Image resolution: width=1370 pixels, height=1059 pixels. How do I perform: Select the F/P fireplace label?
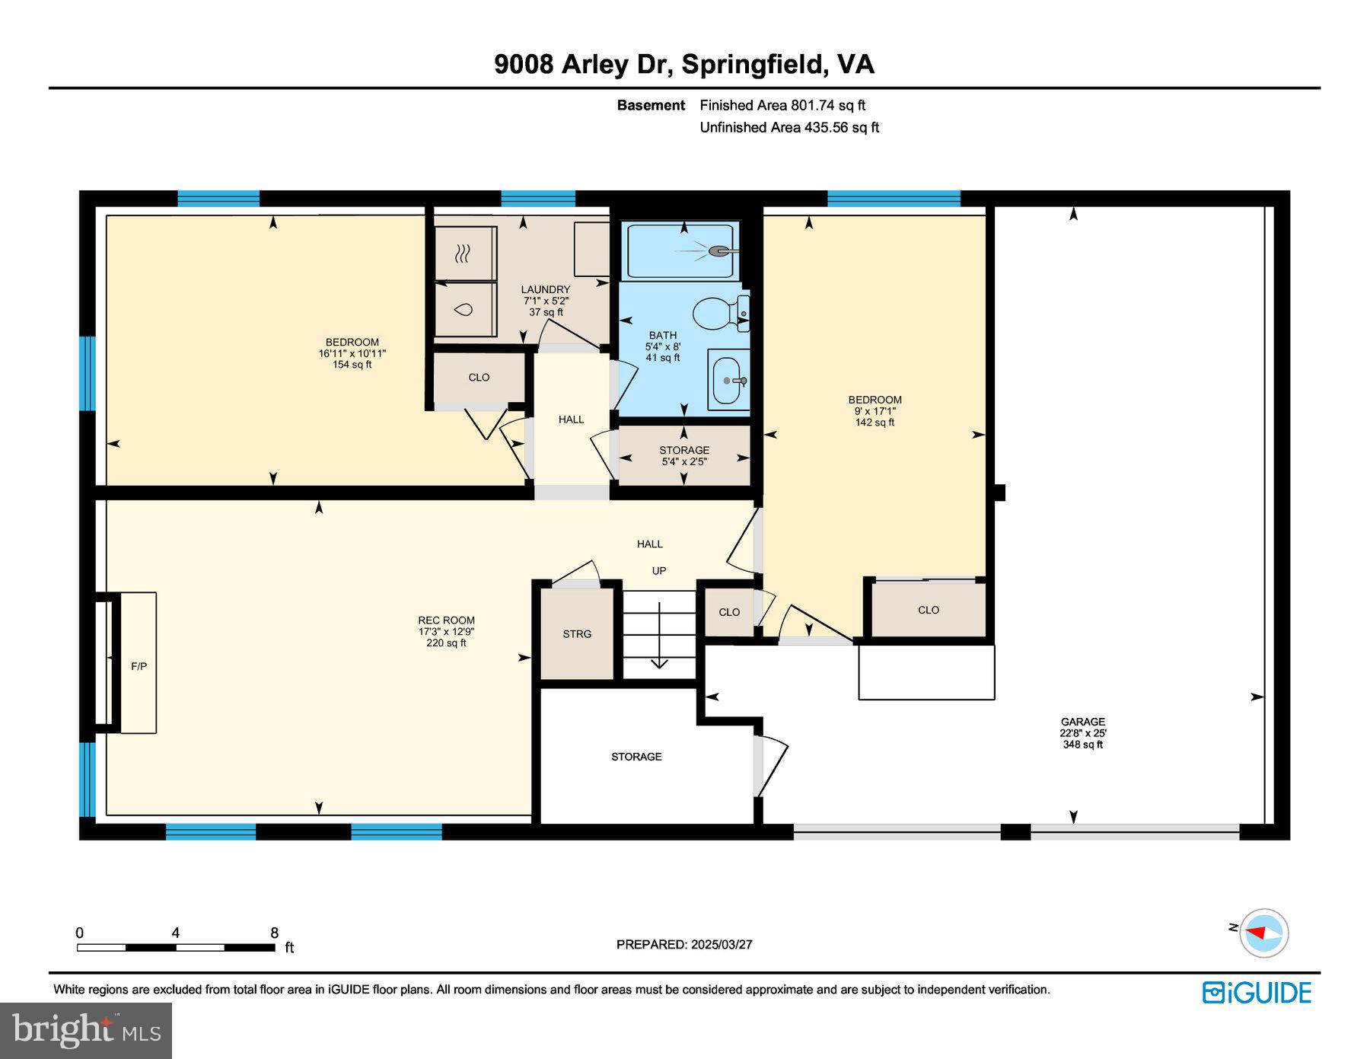tap(139, 666)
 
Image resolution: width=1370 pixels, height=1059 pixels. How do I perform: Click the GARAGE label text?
tap(1082, 722)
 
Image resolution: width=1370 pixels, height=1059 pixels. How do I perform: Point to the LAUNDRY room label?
tap(545, 289)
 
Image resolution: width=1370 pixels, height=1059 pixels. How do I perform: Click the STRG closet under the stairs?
tap(577, 633)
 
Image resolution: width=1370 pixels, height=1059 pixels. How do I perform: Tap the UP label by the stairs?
tap(659, 570)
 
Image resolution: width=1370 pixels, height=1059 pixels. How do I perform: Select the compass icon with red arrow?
tap(1263, 933)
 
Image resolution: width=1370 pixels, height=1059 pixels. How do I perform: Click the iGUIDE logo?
tap(1257, 993)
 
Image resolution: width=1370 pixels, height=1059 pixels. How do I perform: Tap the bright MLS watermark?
tap(86, 1031)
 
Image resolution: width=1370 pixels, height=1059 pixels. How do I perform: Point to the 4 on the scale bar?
tap(176, 933)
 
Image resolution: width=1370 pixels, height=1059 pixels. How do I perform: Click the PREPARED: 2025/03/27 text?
tap(684, 944)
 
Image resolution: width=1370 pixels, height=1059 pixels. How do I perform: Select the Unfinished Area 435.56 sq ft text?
tap(789, 127)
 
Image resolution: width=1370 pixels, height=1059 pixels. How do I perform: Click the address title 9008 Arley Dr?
tap(582, 64)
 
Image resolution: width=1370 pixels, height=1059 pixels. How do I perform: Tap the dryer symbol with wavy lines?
tap(462, 254)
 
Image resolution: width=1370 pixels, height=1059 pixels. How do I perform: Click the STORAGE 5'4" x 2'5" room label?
tap(683, 455)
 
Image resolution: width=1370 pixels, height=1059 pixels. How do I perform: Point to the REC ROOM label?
tap(446, 620)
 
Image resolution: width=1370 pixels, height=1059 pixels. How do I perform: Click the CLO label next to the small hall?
tap(479, 377)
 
